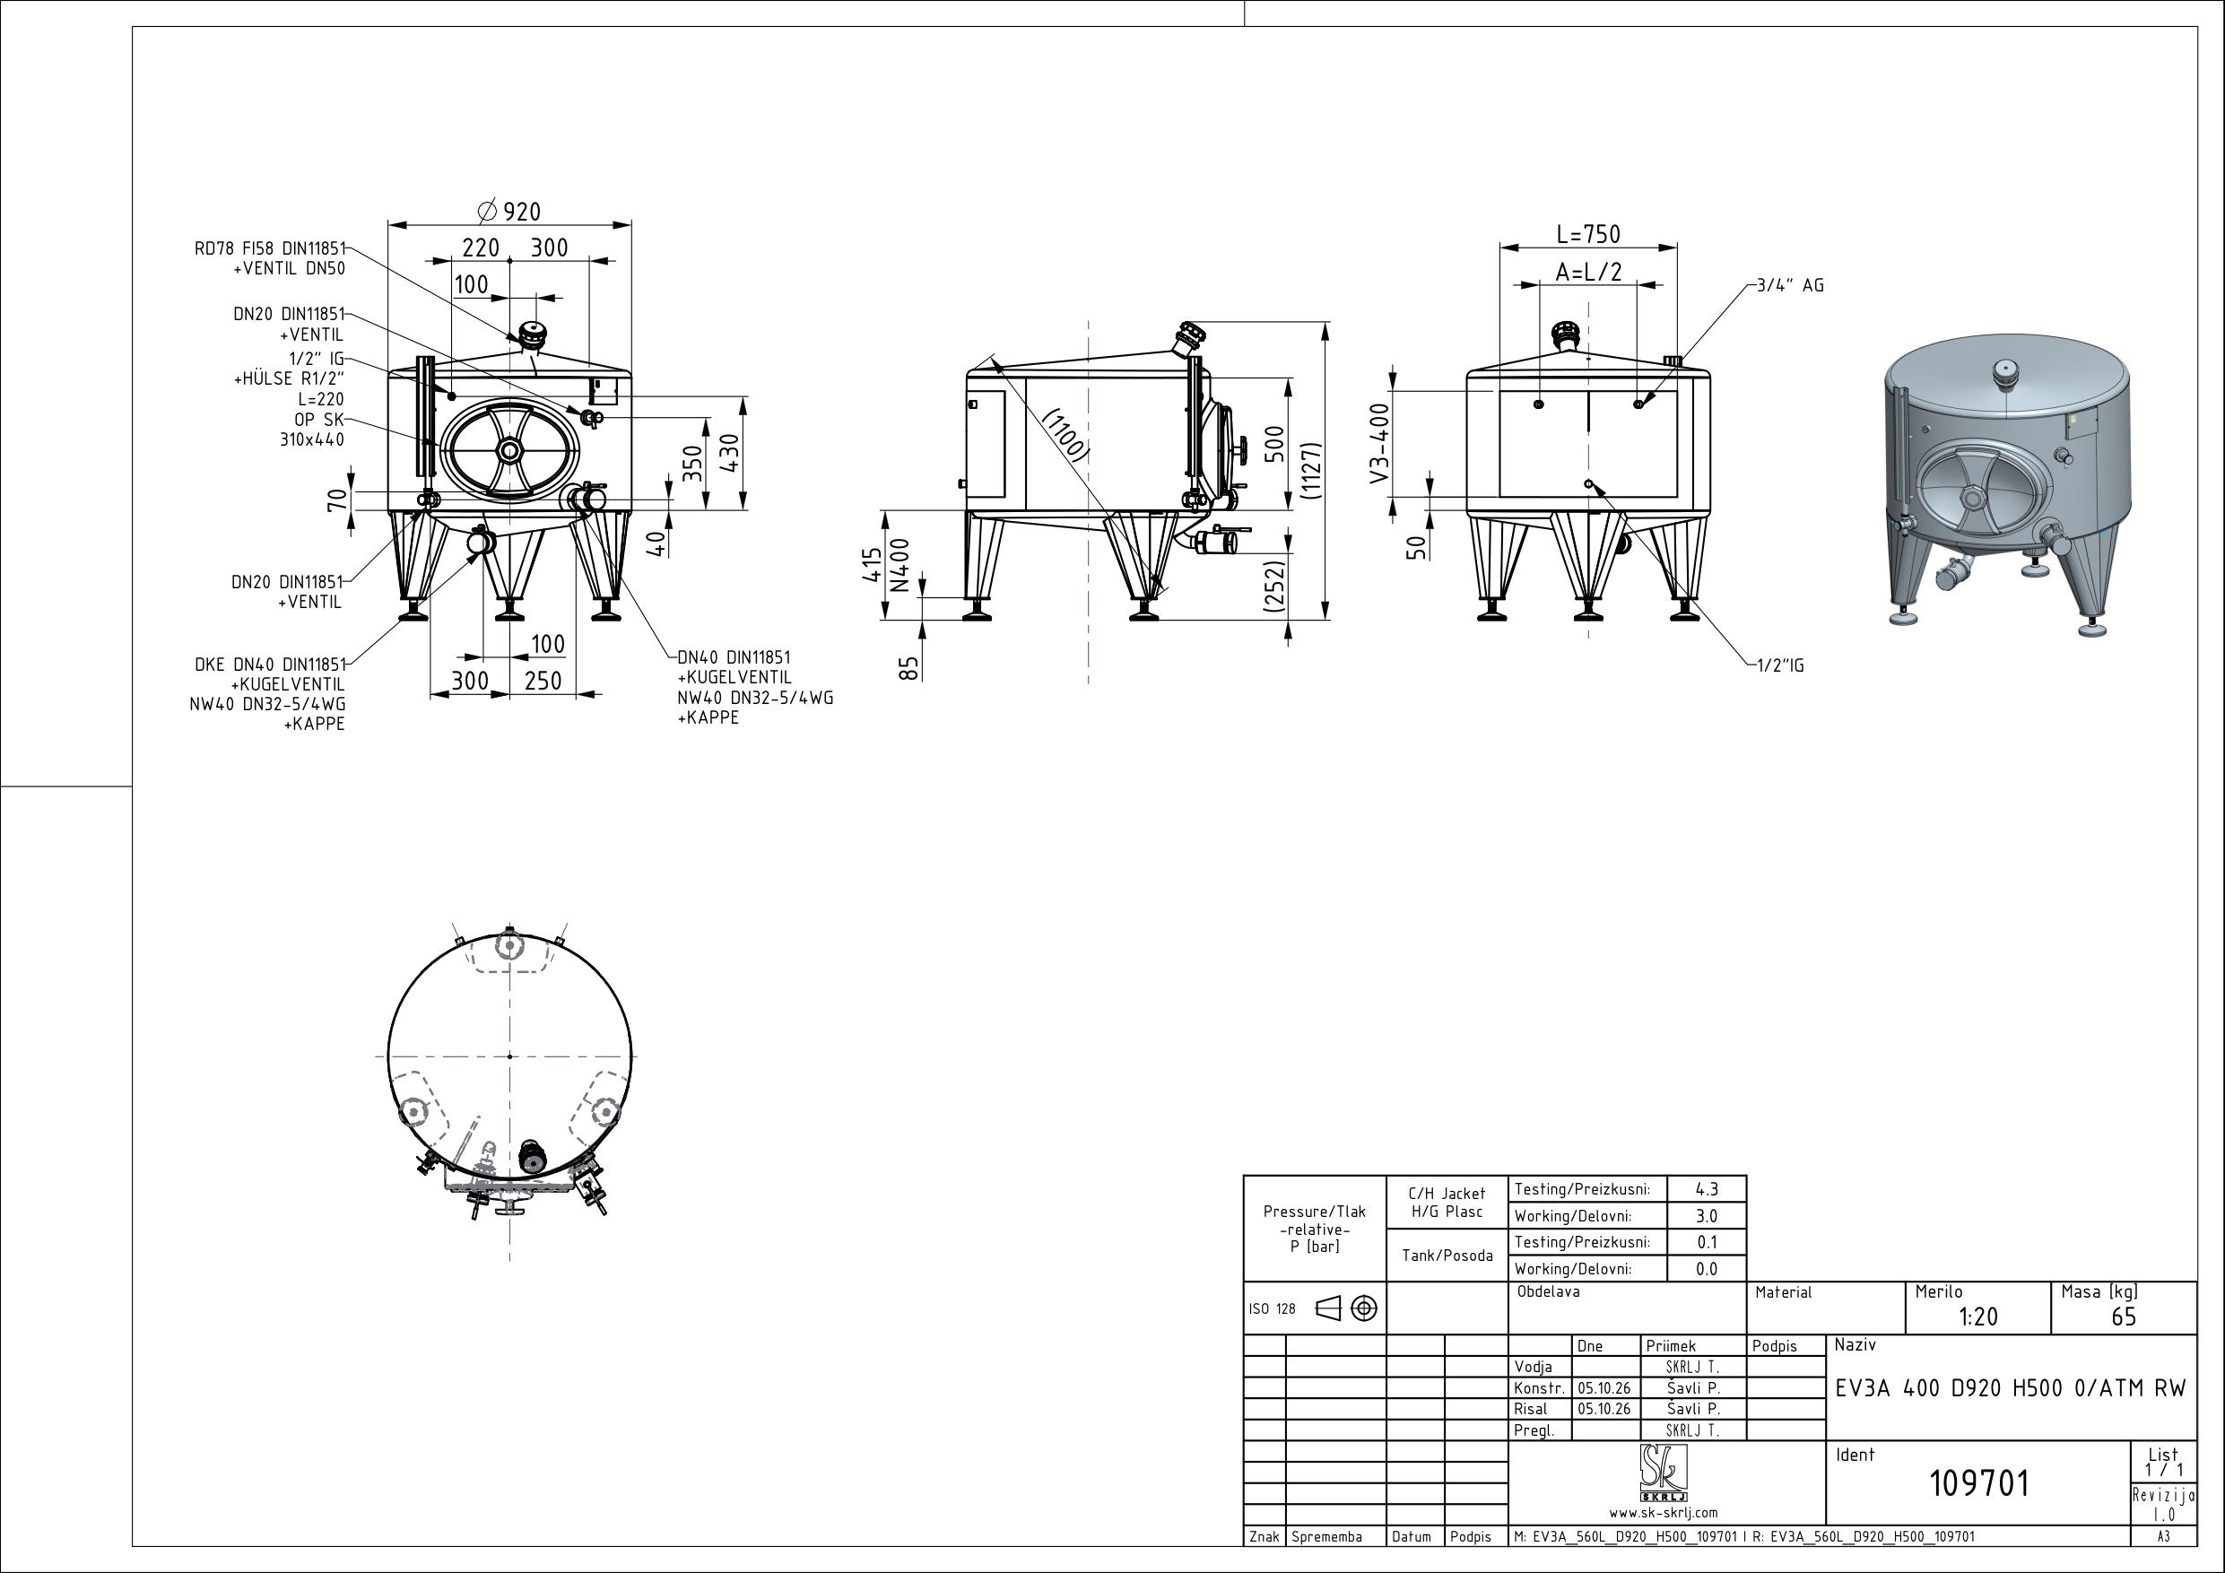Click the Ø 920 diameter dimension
[509, 211]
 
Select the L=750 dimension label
[1588, 235]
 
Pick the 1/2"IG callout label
[1781, 665]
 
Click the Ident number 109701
[1979, 1482]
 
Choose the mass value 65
[2124, 1317]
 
